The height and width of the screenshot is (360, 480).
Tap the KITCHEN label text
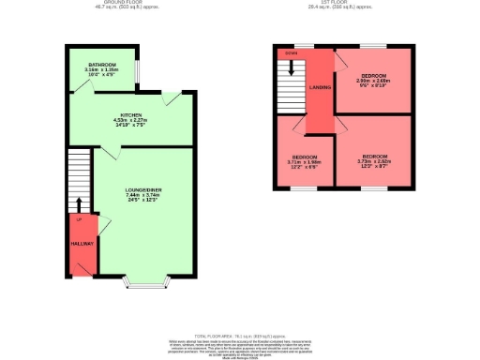(130, 114)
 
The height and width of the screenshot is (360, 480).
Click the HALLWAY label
(82, 243)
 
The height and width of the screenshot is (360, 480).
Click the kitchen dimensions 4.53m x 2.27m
(130, 120)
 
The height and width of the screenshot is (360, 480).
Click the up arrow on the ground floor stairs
(80, 204)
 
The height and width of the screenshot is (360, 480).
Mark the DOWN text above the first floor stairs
(290, 53)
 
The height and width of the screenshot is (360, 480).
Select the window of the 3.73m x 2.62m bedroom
(375, 188)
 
